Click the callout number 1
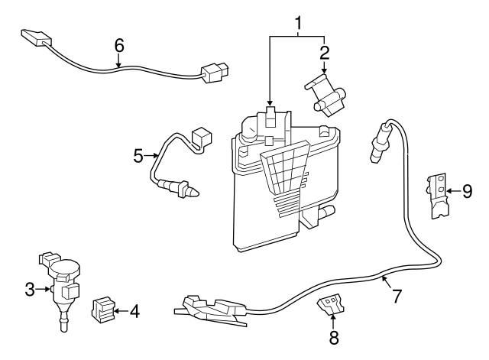(x=299, y=22)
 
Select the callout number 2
(x=325, y=52)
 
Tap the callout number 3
(x=29, y=288)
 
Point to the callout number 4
(x=134, y=311)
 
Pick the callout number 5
(x=138, y=156)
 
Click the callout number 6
(x=119, y=44)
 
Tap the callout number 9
(x=467, y=191)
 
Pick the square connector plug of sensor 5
(x=202, y=138)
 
